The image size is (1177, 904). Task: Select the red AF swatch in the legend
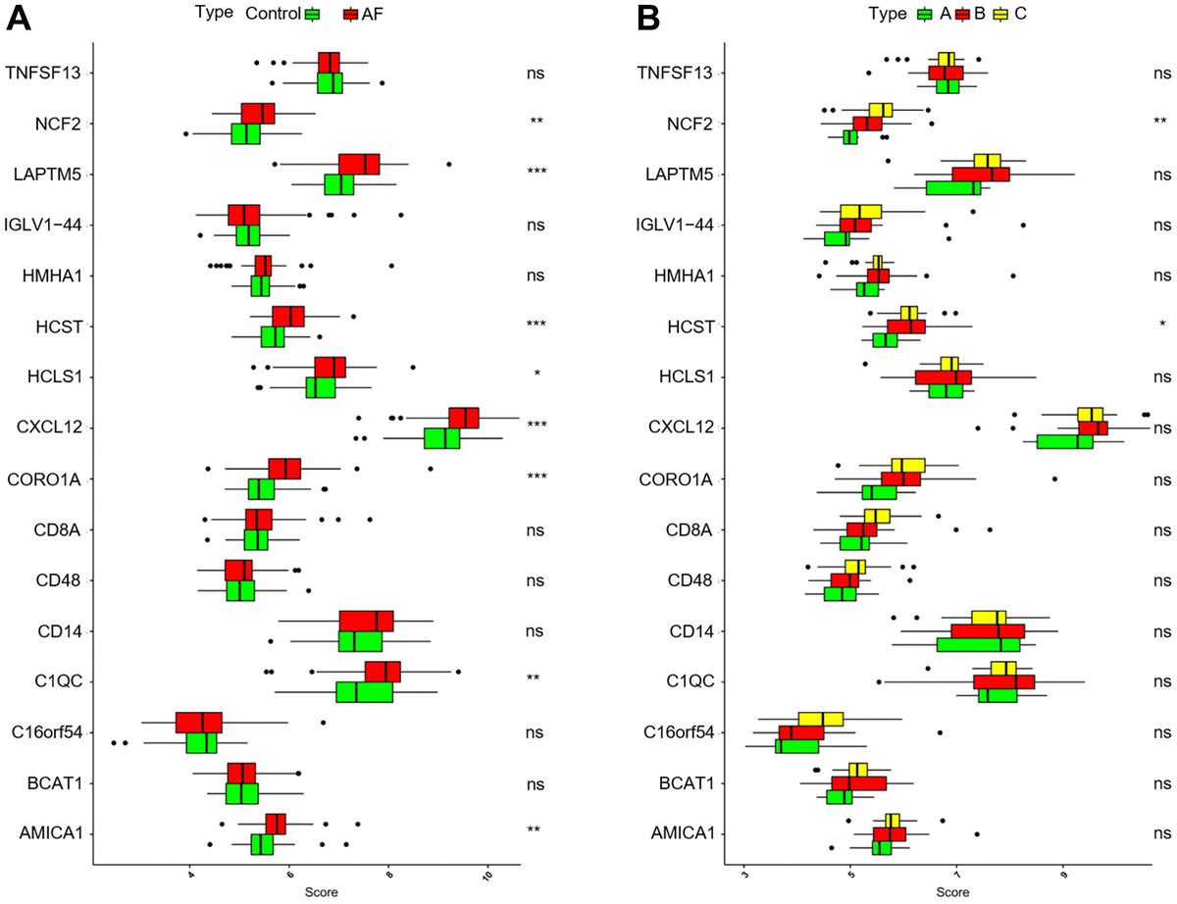(351, 15)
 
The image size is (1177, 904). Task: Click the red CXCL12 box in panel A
(464, 418)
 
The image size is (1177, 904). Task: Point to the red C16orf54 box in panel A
(199, 723)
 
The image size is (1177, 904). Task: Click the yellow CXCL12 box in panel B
(1090, 415)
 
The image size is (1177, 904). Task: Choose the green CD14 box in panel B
(978, 644)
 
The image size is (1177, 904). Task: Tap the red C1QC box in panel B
(1003, 681)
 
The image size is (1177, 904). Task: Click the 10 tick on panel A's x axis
(487, 876)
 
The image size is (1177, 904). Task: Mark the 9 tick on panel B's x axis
(1063, 876)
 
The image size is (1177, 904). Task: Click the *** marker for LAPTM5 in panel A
(537, 173)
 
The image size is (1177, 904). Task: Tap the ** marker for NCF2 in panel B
(1160, 123)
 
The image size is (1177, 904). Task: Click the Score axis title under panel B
(950, 893)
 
